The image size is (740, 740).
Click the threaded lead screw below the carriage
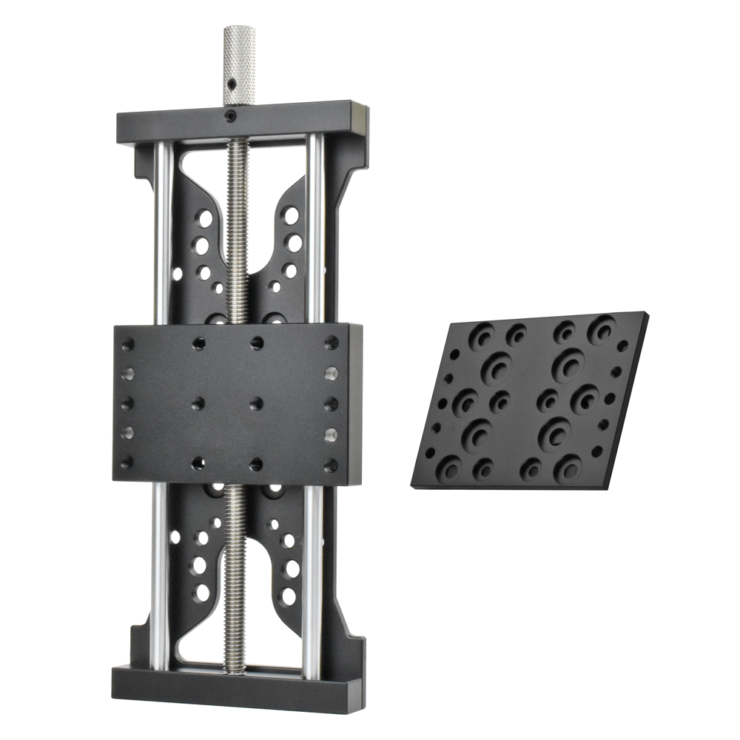pos(235,577)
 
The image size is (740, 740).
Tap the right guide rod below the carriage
pos(312,577)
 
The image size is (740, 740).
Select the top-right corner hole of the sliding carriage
pos(332,343)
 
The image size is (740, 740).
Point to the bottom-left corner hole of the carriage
pos(127,462)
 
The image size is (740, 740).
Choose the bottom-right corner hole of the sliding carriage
pos(330,465)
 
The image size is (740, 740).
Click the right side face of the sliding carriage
pos(356,403)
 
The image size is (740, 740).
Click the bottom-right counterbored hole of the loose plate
pos(568,466)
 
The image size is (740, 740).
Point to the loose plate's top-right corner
pos(646,314)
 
